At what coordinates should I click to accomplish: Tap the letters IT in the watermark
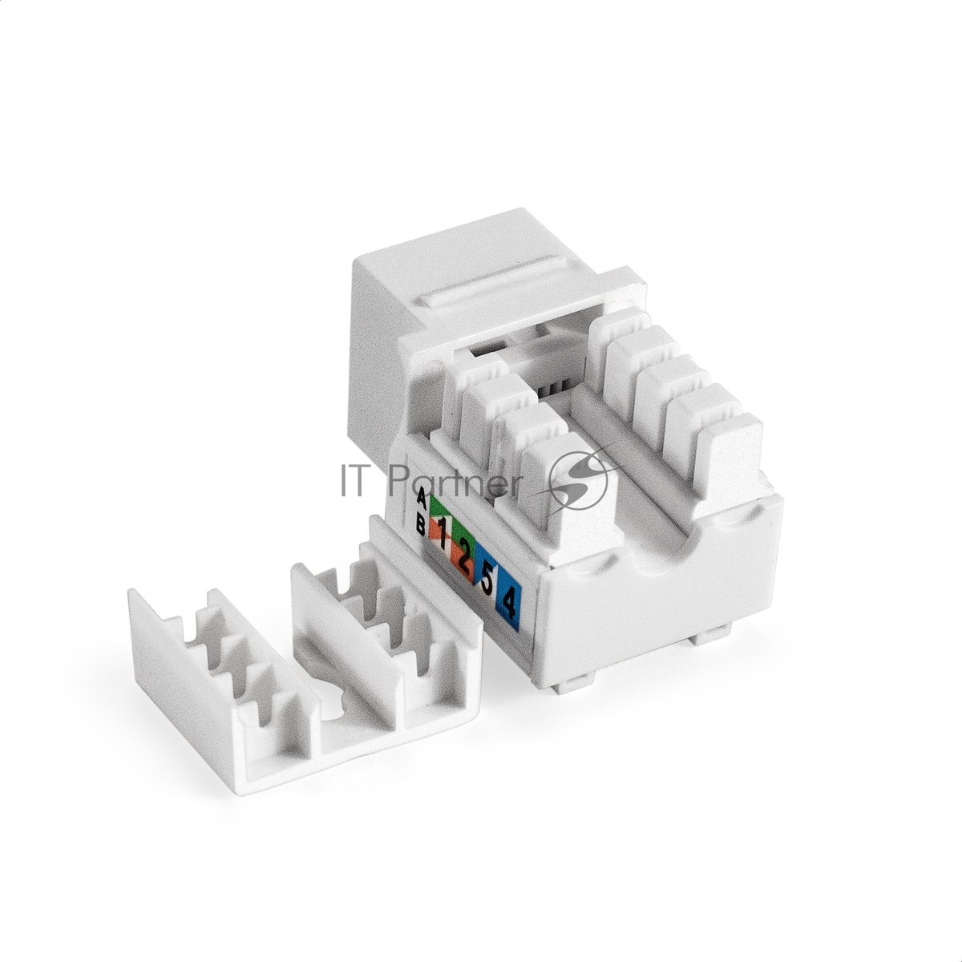pos(358,481)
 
